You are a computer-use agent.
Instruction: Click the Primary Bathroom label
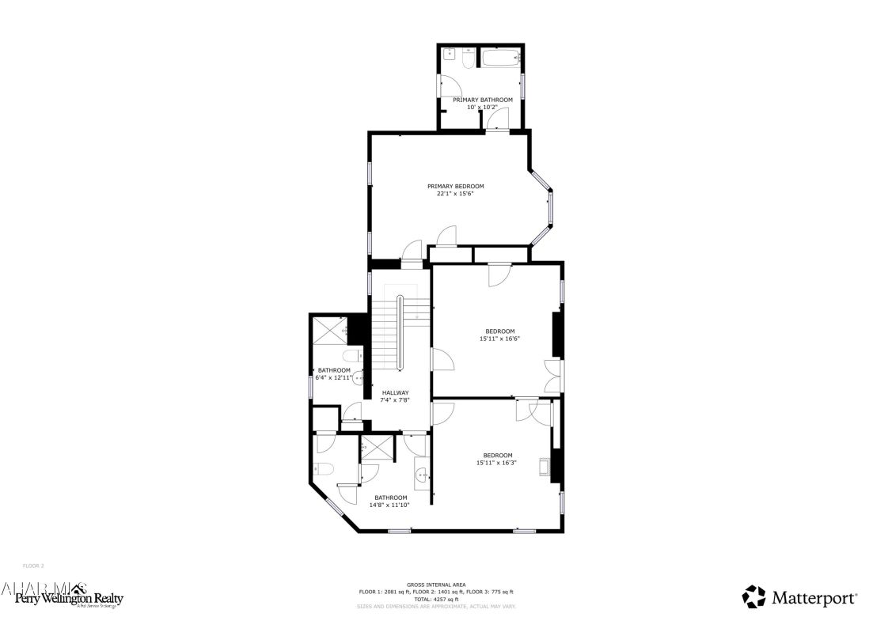(x=482, y=100)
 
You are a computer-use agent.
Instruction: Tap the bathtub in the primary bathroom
(x=499, y=59)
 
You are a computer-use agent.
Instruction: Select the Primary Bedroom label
(x=455, y=187)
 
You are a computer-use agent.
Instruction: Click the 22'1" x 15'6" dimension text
(x=455, y=194)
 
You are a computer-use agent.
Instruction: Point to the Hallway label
(x=395, y=393)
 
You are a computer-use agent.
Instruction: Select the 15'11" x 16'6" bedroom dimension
(x=499, y=339)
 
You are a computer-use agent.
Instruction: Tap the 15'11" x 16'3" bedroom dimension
(x=496, y=463)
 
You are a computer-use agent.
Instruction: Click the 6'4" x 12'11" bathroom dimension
(x=332, y=377)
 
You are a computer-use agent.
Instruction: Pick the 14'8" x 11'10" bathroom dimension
(x=391, y=505)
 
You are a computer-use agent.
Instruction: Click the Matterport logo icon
(x=753, y=596)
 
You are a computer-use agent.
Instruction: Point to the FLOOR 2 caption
(x=33, y=566)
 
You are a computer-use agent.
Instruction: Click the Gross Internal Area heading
(x=436, y=585)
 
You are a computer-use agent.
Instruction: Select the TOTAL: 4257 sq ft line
(x=436, y=600)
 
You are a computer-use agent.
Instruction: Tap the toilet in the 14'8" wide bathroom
(x=325, y=467)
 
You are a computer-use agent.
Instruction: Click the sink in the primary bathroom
(x=449, y=55)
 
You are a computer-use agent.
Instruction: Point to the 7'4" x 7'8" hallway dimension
(x=395, y=400)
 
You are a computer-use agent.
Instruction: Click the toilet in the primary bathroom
(x=467, y=60)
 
